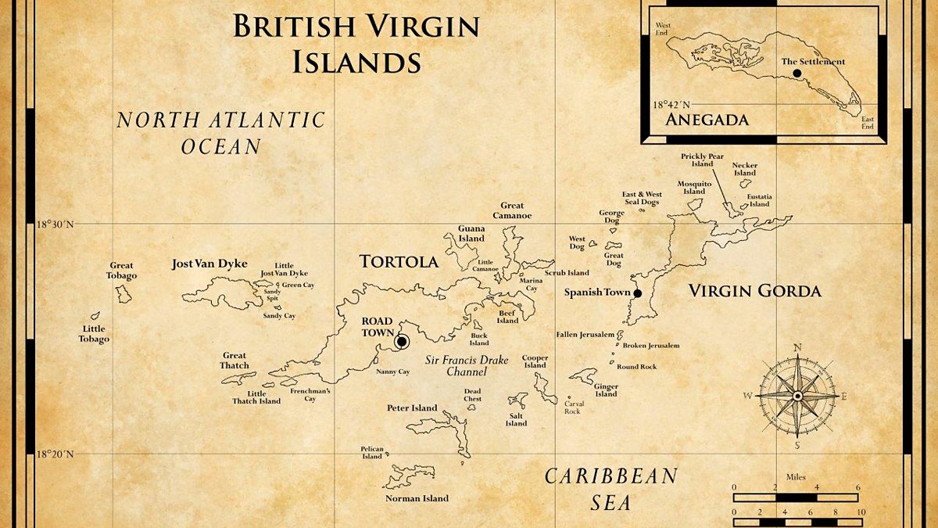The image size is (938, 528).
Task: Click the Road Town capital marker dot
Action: tap(402, 341)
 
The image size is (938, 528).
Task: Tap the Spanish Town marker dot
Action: tap(637, 293)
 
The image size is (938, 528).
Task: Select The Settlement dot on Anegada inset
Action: tap(797, 73)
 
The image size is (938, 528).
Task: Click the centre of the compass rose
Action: tap(797, 396)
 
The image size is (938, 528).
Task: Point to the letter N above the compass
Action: tap(797, 348)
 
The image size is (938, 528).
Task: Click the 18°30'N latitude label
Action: tap(57, 224)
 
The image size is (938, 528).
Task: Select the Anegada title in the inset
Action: tap(707, 120)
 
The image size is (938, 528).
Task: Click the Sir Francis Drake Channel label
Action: tap(467, 366)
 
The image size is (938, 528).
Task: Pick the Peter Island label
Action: tap(412, 408)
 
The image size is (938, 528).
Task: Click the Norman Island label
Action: tap(417, 498)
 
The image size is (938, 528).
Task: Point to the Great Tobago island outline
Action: tap(124, 294)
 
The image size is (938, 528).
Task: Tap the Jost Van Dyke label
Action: tap(209, 264)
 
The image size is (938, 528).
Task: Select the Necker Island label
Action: tap(744, 169)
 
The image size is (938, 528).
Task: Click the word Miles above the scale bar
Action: tap(796, 476)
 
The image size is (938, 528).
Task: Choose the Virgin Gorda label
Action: tap(754, 292)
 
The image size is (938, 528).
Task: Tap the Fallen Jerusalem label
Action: tap(585, 334)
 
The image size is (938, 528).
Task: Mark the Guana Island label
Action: tap(471, 234)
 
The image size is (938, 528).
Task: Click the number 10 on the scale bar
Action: tap(861, 512)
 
